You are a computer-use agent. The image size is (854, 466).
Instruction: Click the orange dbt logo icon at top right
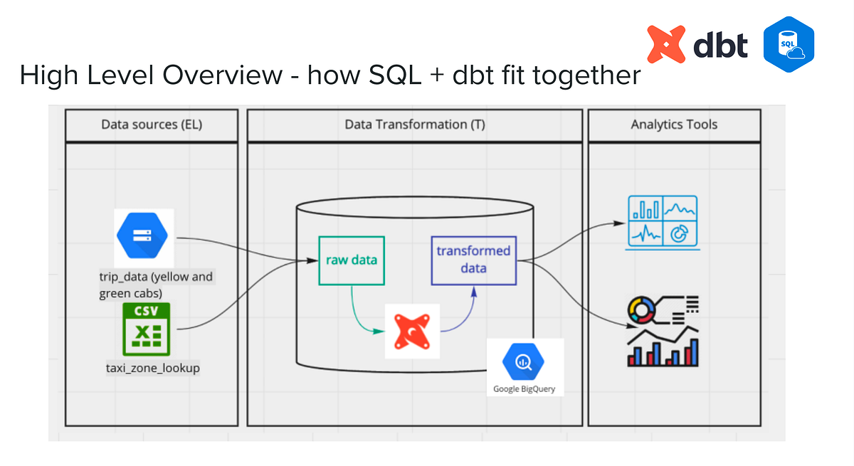coord(665,44)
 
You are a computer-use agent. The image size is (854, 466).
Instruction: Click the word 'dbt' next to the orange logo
coord(719,45)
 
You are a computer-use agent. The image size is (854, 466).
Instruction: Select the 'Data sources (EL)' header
coord(152,125)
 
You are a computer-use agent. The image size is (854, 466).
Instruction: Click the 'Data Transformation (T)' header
coord(415,125)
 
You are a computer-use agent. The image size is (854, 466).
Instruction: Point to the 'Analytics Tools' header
coord(674,125)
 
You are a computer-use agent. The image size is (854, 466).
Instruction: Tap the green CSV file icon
coord(145,329)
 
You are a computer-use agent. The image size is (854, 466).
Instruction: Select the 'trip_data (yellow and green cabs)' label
coord(156,284)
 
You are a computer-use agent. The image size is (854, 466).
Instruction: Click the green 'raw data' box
coord(351,260)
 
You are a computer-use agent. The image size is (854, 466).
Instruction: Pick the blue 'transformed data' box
coord(474,260)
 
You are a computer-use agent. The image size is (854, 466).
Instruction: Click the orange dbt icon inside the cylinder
coord(412,330)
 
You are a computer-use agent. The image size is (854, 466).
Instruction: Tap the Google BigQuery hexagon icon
coord(524,362)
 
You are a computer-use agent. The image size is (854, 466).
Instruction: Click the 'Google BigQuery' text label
coord(524,389)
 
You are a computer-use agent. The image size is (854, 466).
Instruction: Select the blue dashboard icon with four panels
coord(663,223)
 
